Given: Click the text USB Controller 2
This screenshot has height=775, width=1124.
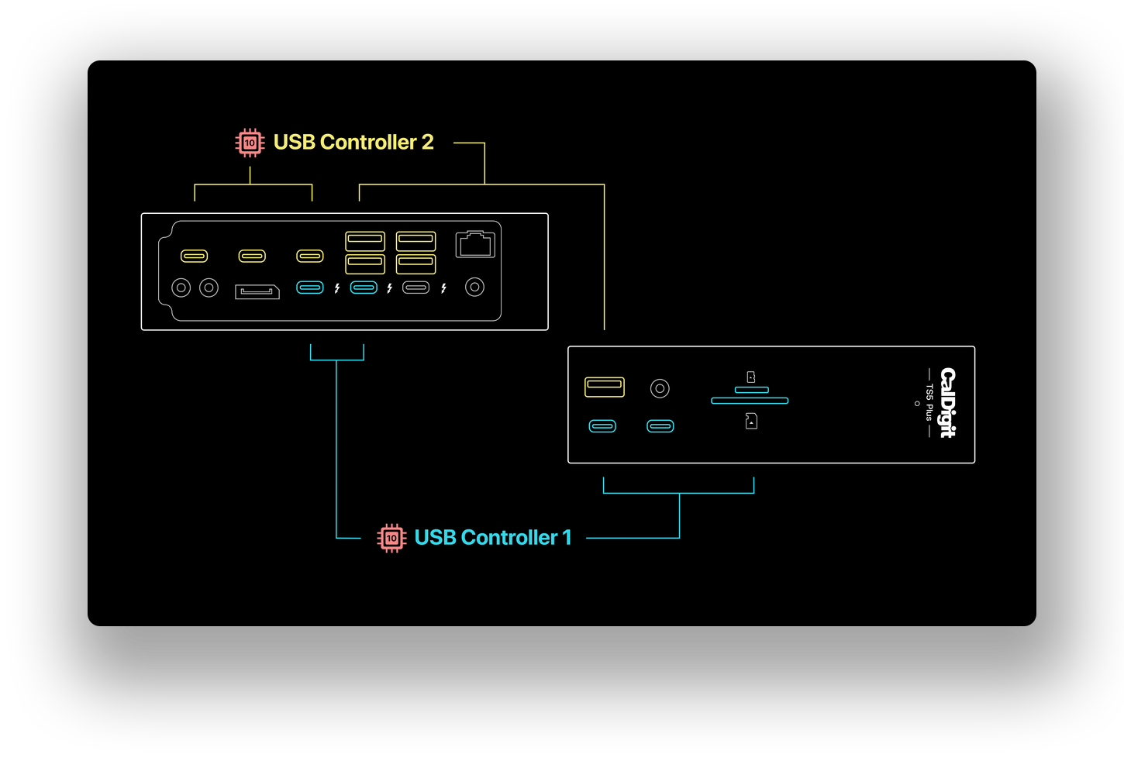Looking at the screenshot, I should click(353, 143).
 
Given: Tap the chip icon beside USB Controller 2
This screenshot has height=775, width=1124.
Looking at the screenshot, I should click(250, 143).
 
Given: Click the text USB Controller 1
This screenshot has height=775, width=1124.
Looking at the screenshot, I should click(493, 538).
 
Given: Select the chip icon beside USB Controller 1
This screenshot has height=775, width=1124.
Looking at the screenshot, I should click(391, 538).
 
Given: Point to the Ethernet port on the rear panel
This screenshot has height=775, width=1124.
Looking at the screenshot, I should click(475, 244).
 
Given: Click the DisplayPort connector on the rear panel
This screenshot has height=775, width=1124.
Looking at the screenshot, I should click(257, 291).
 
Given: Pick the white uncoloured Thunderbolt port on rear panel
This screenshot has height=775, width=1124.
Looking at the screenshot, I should click(416, 288).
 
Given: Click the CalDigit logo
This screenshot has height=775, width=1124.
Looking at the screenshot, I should click(947, 403).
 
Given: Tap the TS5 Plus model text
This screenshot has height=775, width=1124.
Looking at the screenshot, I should click(929, 403).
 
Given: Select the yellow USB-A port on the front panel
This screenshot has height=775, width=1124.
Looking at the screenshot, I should click(605, 387).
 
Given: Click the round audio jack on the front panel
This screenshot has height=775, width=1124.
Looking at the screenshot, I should click(660, 388).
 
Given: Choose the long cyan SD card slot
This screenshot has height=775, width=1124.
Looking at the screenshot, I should click(750, 401).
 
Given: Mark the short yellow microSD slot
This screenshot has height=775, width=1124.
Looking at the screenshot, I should click(752, 390).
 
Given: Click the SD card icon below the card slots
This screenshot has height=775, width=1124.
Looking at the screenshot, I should click(751, 422).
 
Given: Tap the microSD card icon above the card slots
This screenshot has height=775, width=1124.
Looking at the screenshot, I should click(751, 377).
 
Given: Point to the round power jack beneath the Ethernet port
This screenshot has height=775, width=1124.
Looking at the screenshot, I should click(475, 288).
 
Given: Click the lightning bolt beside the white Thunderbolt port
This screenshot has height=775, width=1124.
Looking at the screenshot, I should click(443, 288).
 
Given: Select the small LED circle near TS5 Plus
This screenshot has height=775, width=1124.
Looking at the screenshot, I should click(917, 403).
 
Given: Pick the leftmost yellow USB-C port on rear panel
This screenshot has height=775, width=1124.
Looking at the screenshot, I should click(195, 256).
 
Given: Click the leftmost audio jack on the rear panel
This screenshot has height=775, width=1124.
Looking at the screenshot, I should click(181, 288).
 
